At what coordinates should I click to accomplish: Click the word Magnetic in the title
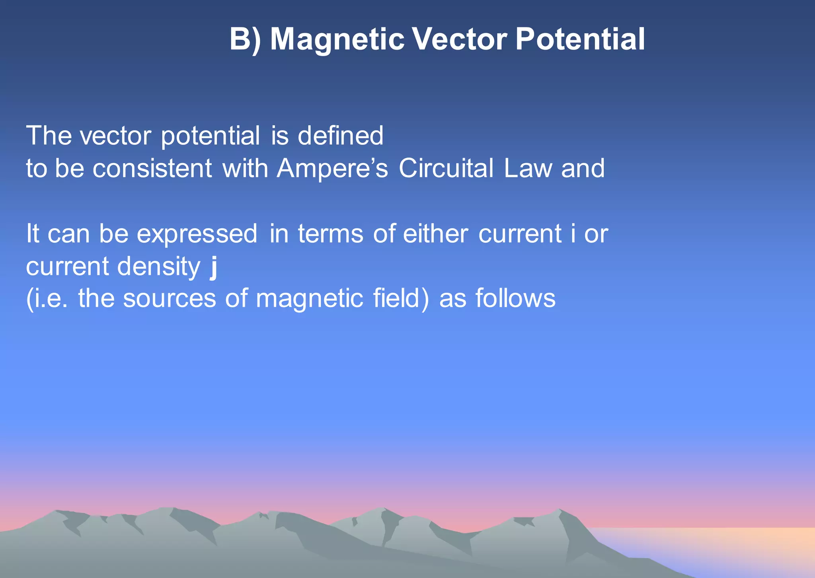click(x=337, y=40)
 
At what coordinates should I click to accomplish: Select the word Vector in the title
click(x=459, y=40)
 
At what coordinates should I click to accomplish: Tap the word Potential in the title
click(x=580, y=40)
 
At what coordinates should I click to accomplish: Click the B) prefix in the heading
click(x=245, y=40)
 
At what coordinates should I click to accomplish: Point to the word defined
click(x=340, y=136)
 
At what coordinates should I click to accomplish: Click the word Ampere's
click(x=332, y=168)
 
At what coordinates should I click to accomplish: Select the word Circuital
click(x=446, y=168)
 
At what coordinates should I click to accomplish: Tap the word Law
click(x=528, y=168)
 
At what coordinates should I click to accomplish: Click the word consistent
click(x=152, y=168)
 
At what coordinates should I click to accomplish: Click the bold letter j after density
click(x=214, y=267)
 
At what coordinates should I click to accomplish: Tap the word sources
click(x=169, y=299)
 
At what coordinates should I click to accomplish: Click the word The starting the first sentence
click(x=49, y=136)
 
